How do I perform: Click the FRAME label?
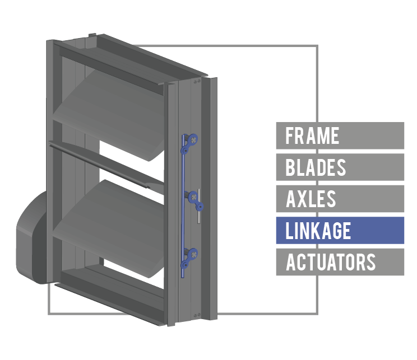340,135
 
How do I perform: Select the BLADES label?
340,167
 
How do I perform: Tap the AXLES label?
340,199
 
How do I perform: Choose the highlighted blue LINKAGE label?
340,230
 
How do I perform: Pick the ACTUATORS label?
340,262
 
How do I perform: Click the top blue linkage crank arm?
189,144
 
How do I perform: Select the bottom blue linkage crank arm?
189,258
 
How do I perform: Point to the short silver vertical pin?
199,206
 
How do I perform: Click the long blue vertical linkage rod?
183,206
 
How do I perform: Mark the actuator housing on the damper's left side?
32,238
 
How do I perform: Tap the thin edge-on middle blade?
106,164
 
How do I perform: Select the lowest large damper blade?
109,228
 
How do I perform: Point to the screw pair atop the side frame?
197,81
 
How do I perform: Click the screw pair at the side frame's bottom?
197,315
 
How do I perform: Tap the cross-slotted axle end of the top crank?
193,139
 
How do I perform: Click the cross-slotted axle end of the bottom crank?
193,254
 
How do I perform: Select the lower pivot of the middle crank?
200,207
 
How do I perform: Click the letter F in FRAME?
289,135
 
